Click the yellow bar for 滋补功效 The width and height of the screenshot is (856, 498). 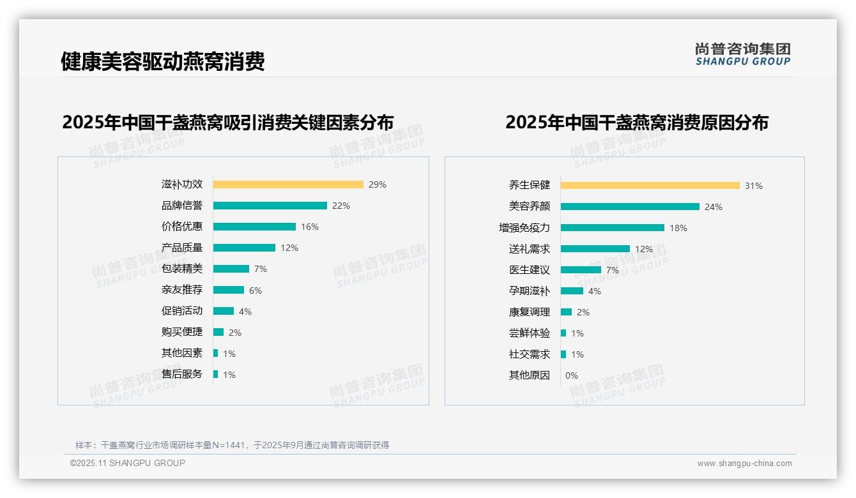coord(288,185)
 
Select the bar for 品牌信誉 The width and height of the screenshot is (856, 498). coord(270,206)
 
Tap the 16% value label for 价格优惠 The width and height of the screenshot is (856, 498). coord(310,227)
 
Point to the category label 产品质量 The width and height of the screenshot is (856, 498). coord(182,248)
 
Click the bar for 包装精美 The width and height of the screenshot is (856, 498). coord(231,269)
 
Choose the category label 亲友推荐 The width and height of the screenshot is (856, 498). coord(182,290)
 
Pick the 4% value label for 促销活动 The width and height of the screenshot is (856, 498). coord(245,312)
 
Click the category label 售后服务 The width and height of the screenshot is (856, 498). coord(182,374)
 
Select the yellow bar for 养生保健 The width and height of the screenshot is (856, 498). coord(650,186)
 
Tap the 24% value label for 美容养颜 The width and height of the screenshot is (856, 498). coord(714,207)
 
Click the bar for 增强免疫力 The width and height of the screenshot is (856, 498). coord(613,227)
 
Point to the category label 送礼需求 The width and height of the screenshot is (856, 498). coord(530,249)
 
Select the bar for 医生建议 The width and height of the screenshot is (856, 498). coord(581,269)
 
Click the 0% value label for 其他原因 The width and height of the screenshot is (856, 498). coord(572,375)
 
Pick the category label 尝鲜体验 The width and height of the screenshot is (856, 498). coord(530,333)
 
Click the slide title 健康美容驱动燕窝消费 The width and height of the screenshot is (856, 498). coord(163,62)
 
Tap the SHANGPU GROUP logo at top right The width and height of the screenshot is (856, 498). coord(743,54)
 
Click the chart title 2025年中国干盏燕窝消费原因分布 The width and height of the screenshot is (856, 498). coord(637,123)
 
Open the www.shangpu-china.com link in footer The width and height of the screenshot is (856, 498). coord(744,464)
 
